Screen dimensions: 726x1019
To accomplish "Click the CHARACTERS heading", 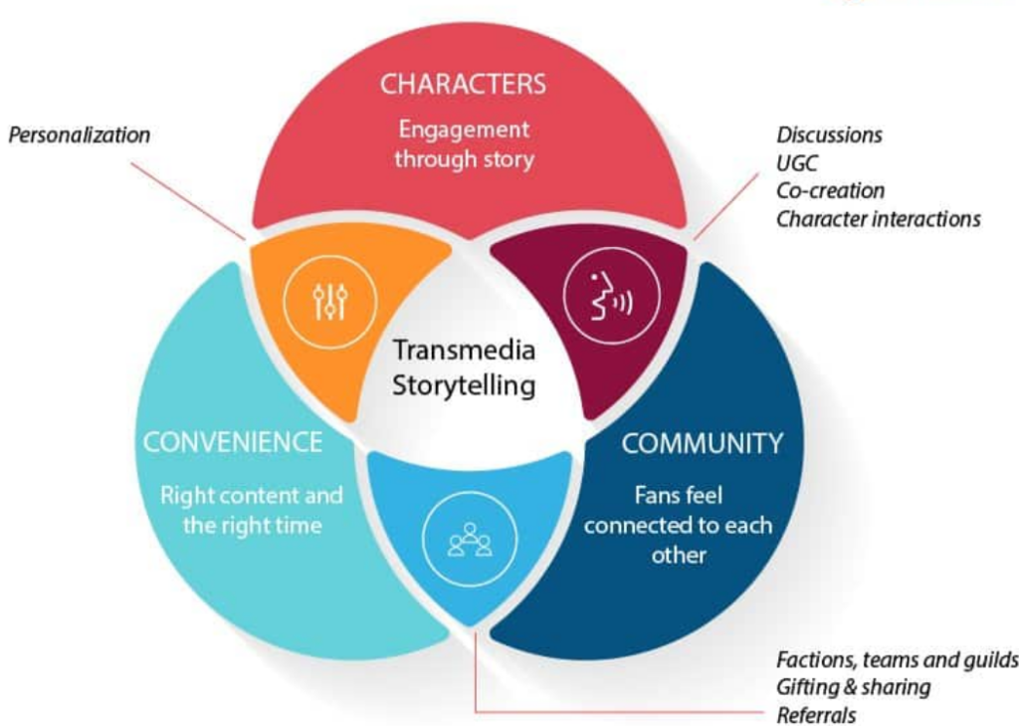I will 463,84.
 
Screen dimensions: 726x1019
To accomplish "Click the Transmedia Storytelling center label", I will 464,367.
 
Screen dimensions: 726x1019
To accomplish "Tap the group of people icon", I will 470,539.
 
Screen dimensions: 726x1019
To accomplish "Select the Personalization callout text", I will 80,134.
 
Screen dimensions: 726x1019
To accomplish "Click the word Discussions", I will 829,134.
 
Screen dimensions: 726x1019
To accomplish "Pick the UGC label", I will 796,162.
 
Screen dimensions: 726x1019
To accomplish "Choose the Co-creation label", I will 830,190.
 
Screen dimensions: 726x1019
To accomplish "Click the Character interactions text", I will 878,218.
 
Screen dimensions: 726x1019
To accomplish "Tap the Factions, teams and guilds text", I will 897,659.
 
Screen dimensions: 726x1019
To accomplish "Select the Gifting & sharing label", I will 853,687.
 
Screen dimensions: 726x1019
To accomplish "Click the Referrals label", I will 816,715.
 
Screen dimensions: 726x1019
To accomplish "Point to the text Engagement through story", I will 463,144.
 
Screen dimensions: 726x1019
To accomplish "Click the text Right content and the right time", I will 252,510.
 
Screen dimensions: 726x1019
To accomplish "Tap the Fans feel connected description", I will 678,525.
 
